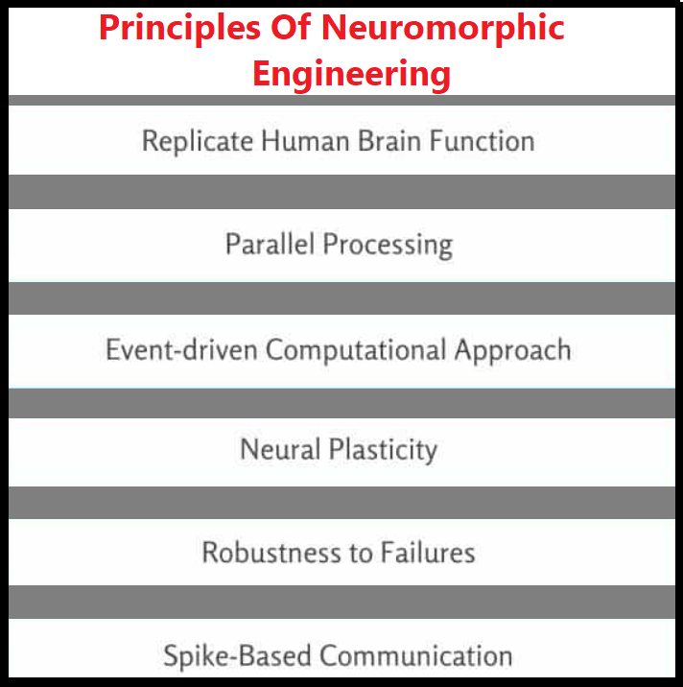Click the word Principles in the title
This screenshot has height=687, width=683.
click(x=168, y=28)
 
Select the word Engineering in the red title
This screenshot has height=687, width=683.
click(x=352, y=73)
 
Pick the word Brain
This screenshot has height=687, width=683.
click(x=390, y=140)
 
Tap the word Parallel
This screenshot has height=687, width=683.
click(x=270, y=244)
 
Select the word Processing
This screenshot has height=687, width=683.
click(x=388, y=246)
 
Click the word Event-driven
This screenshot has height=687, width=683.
click(x=182, y=348)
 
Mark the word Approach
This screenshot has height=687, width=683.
click(x=513, y=349)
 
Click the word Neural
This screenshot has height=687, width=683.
click(x=279, y=449)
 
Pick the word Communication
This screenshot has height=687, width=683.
click(x=416, y=655)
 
